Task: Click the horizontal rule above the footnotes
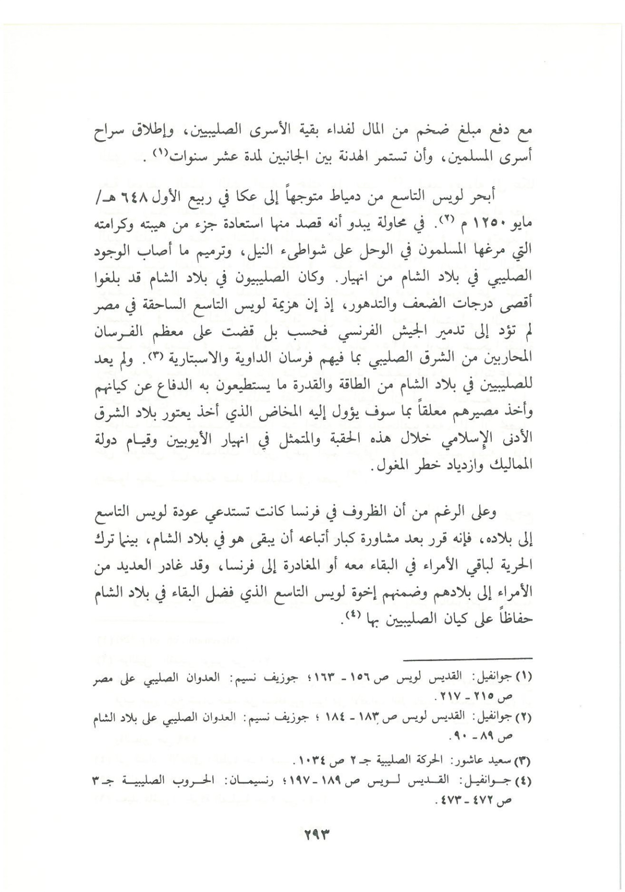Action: point(468,658)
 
